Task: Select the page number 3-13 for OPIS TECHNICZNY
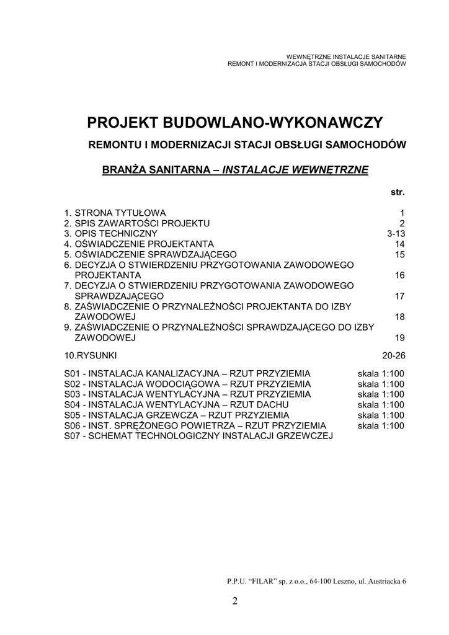coord(395,233)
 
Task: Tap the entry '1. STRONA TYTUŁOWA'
coord(115,212)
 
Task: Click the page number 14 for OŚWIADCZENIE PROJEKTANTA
coord(399,244)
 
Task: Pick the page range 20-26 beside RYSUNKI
coord(394,355)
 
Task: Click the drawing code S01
coord(73,373)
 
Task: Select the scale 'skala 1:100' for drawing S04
coord(381,405)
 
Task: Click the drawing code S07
coord(73,437)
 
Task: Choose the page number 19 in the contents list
coord(399,338)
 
